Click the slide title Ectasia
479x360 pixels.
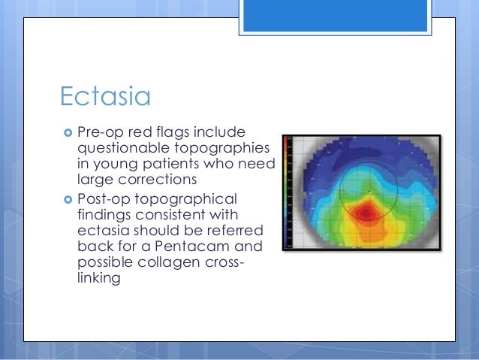tap(105, 96)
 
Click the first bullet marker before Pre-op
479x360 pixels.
tap(68, 133)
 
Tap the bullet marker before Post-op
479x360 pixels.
tap(68, 199)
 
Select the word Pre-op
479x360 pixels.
tap(101, 132)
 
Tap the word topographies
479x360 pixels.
tap(222, 149)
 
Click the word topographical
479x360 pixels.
tap(185, 200)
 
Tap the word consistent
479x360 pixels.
tap(170, 215)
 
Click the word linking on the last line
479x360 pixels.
tap(98, 278)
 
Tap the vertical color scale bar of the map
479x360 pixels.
tap(287, 192)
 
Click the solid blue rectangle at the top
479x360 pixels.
tap(335, 16)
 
